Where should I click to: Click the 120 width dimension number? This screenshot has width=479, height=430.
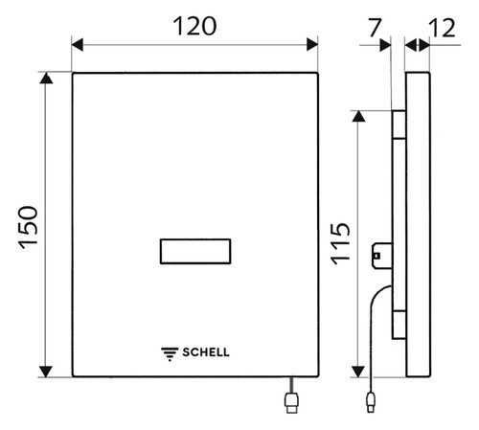[194, 26]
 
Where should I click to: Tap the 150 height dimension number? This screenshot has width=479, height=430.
[28, 227]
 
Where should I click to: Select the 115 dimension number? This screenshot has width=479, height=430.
[340, 243]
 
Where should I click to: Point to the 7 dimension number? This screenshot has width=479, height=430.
[375, 28]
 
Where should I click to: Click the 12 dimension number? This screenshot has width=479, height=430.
[442, 28]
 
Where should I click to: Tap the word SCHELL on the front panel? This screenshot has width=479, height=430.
[206, 352]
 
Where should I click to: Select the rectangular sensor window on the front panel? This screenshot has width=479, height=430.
[195, 251]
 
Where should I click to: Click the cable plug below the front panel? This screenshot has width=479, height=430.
[291, 402]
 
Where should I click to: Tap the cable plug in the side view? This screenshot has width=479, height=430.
[371, 401]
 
